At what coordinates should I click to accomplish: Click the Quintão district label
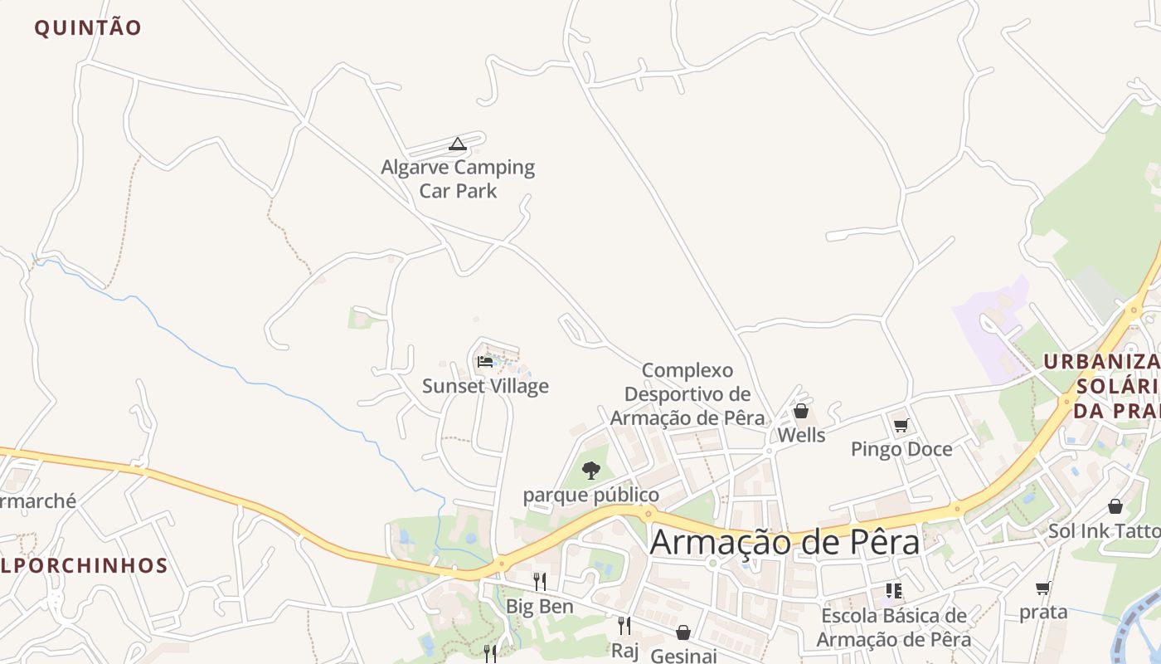point(88,27)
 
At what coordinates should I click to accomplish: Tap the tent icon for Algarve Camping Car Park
point(457,144)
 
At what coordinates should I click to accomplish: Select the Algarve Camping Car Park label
point(458,178)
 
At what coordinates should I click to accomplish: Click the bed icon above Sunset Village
point(485,361)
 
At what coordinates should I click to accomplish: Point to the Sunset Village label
point(485,386)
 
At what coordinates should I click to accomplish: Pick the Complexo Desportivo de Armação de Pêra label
point(687,393)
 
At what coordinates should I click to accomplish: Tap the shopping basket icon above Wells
point(801,411)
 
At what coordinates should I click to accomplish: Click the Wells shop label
point(801,435)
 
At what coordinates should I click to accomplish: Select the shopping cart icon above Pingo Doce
point(901,426)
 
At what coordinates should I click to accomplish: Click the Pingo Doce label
point(901,449)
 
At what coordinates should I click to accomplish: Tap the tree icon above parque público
point(590,471)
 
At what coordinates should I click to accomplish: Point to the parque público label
point(590,496)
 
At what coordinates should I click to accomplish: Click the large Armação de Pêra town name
point(785,543)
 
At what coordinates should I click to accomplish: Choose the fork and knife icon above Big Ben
point(539,581)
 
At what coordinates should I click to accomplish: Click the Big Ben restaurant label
point(539,607)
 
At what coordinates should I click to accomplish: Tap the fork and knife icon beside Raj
point(624,625)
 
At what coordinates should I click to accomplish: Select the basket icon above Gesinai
point(683,632)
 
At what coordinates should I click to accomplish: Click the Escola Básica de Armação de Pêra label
point(893,627)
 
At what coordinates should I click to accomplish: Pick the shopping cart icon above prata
point(1043,588)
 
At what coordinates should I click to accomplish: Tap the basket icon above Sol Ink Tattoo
point(1115,506)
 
